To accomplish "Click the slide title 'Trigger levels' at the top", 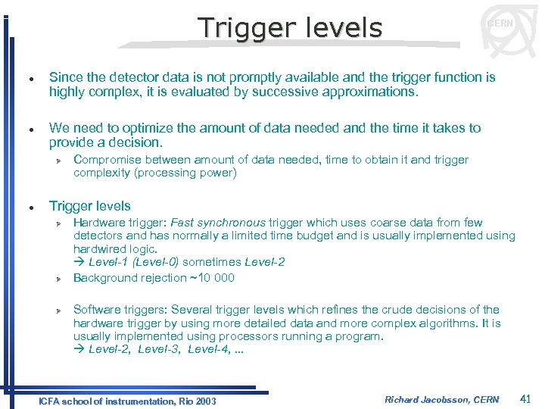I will (x=290, y=28).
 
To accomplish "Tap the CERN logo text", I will (x=500, y=23).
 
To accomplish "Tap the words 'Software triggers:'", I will (x=120, y=309).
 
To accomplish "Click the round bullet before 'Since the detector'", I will (x=27, y=78).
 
